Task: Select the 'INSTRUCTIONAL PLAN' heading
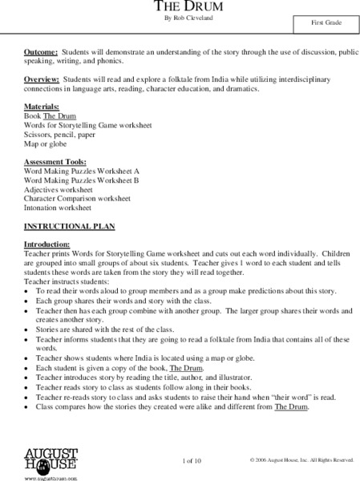(x=60, y=226)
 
